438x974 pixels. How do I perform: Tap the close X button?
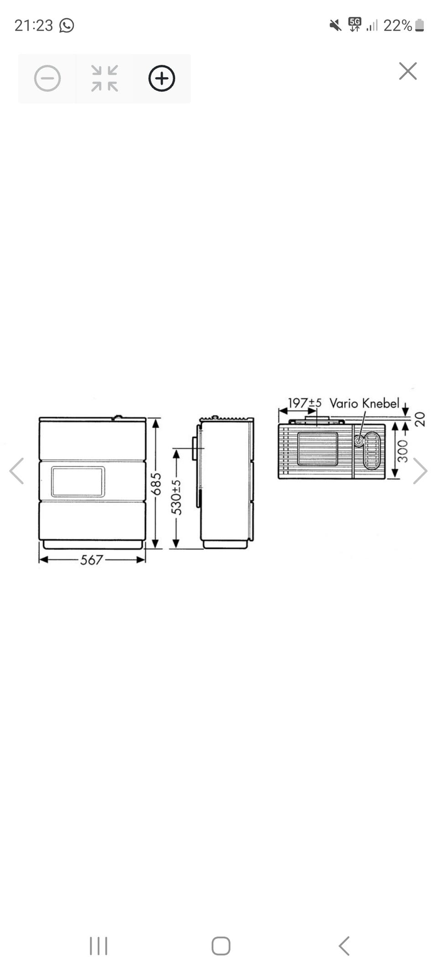(407, 71)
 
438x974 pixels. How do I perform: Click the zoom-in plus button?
(162, 78)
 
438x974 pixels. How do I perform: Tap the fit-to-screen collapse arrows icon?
(104, 78)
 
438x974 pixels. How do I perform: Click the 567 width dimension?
(92, 560)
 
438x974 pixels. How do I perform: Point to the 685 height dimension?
(156, 484)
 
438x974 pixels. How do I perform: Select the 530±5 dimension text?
(176, 497)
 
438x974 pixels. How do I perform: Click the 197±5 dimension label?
(304, 403)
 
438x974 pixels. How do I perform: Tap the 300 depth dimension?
(402, 451)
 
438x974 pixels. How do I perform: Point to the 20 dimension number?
(420, 419)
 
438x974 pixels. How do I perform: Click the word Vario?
(344, 403)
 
